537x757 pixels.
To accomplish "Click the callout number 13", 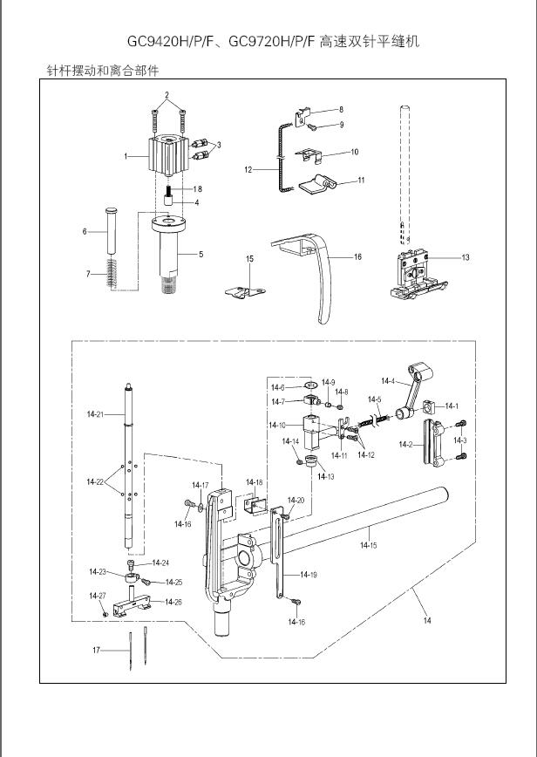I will point(466,257).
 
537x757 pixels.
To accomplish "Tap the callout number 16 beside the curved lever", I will point(357,257).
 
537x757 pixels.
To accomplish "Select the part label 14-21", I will point(95,413).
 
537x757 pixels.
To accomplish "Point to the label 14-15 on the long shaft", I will point(368,545).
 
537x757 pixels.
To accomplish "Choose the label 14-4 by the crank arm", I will point(387,381).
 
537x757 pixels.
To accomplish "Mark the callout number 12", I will point(248,169).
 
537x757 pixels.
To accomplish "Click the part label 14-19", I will point(309,575).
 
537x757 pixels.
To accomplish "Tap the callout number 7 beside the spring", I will point(88,274).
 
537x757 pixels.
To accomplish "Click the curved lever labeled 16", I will point(323,279).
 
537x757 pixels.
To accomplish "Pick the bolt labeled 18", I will point(167,192).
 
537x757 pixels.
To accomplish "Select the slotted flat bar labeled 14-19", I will point(282,558).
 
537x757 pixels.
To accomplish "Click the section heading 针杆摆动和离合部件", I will point(102,70).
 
